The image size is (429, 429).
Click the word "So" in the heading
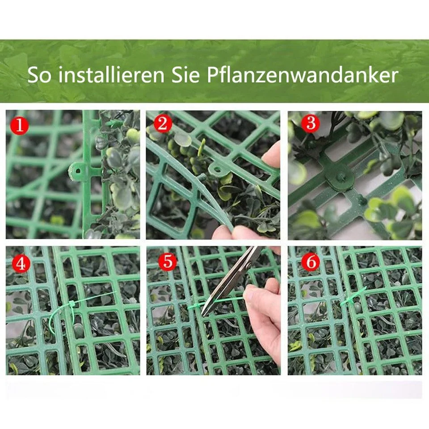39,75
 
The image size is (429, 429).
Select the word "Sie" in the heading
185,75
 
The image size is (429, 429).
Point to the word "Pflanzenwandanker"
303,75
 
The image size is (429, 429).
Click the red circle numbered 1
19,125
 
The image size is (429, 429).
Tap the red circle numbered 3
311,123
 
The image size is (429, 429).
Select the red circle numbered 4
21,264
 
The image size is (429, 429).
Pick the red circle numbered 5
168,261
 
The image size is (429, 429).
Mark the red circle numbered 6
311,262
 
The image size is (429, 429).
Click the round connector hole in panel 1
78,172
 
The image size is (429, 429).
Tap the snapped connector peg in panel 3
340,179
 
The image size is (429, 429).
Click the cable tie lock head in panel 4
71,305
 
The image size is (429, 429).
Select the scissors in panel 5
230,281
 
